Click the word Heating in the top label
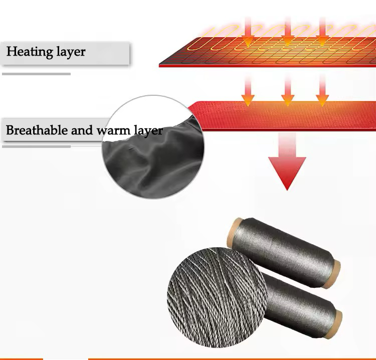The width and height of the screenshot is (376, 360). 29,52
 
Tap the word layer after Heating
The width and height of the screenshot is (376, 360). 70,52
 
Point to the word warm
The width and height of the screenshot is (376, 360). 115,131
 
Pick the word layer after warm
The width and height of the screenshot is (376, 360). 148,131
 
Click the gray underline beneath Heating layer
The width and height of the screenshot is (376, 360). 36,74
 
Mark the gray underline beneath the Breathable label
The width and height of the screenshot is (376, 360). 36,146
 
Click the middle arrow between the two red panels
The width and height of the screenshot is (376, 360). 287,90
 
